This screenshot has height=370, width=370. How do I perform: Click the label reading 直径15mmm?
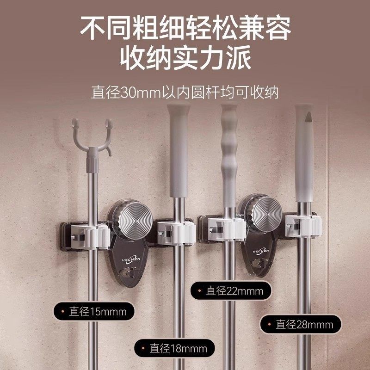pyautogui.click(x=91, y=311)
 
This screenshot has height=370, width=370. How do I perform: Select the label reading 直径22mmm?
pyautogui.click(x=228, y=291)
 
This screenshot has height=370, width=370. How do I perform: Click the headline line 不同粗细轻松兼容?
pyautogui.click(x=185, y=28)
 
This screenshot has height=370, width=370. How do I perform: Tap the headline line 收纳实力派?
pyautogui.click(x=185, y=58)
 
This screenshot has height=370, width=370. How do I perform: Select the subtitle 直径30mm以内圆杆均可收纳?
pyautogui.click(x=185, y=91)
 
